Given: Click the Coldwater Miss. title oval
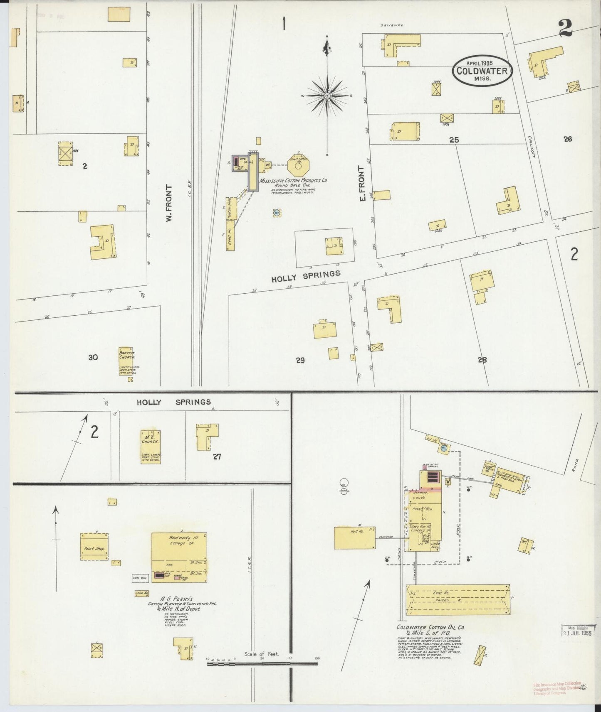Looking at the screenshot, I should point(482,71).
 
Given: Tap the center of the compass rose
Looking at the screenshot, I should point(327,96).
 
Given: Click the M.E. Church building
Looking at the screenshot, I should point(151,447).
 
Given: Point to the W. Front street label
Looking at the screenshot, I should point(169,203).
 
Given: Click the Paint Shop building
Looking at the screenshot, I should point(94,547).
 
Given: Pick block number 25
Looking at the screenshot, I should point(454,140).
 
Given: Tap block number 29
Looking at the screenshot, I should point(300,360).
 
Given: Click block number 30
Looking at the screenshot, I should point(93,357).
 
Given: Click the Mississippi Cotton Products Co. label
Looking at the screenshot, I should point(294,181).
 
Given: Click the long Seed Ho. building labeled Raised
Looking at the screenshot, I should point(458,600).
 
